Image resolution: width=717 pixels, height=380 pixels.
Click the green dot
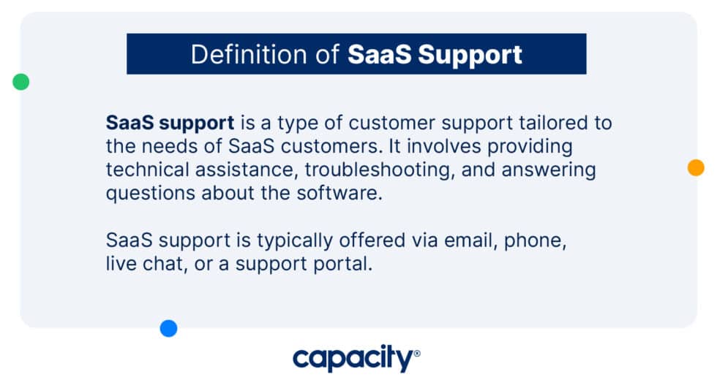click(21, 82)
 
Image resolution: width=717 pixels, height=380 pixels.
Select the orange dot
click(696, 167)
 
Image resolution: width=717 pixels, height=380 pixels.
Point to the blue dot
click(169, 329)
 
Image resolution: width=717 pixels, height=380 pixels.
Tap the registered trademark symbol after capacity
click(417, 353)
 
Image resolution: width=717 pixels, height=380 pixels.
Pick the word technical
click(143, 170)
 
